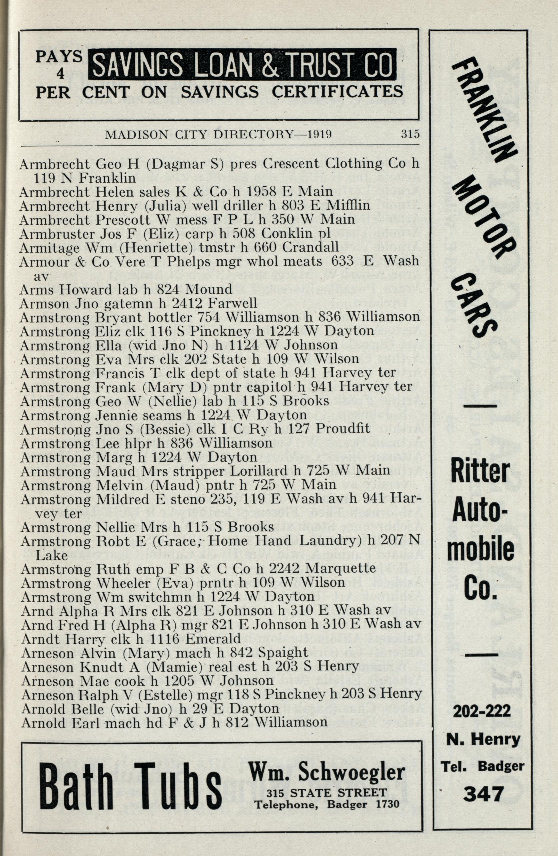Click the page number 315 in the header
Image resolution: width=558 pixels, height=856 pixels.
click(x=410, y=134)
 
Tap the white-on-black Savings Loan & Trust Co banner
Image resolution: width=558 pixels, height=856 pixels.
click(x=242, y=64)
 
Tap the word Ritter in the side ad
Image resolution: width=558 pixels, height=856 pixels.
click(x=481, y=470)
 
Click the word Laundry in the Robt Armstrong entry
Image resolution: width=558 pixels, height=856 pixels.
click(x=326, y=541)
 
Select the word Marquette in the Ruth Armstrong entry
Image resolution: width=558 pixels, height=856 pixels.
click(x=340, y=569)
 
